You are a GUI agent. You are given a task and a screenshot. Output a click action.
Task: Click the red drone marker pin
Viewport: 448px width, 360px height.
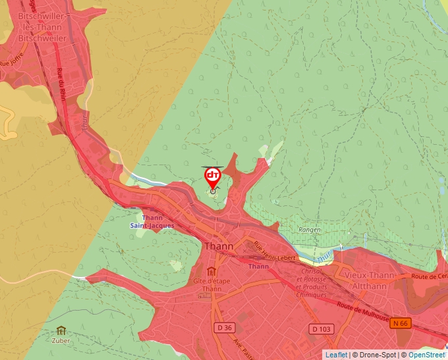[x=213, y=176]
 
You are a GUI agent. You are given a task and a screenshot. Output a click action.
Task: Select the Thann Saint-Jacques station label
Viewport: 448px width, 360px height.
[x=152, y=222]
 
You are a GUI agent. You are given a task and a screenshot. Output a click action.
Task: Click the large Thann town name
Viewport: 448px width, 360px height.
[x=220, y=246]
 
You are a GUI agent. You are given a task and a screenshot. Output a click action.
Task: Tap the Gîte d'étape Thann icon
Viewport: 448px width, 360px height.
[x=211, y=272]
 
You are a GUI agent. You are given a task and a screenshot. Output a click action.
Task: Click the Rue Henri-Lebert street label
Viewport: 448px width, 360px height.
[x=273, y=252]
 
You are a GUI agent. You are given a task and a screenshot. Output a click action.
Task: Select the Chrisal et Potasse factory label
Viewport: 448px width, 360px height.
[x=311, y=283]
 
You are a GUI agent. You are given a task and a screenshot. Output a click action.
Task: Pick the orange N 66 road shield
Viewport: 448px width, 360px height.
[x=400, y=322]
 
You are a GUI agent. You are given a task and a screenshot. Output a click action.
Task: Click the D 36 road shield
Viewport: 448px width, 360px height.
[x=224, y=328]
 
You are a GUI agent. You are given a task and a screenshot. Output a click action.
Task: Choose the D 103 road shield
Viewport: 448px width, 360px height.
[x=321, y=328]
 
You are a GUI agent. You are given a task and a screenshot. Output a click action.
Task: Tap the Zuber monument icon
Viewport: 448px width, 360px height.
[x=61, y=330]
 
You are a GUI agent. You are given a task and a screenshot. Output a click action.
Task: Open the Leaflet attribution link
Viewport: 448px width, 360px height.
[x=336, y=355]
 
